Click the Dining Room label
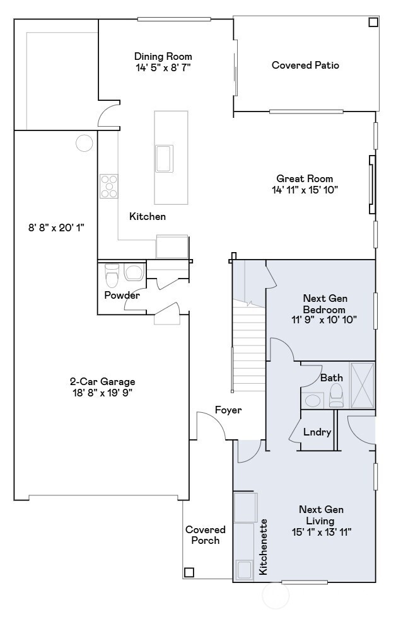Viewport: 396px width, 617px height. tap(163, 56)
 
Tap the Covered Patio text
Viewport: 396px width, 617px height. tap(305, 65)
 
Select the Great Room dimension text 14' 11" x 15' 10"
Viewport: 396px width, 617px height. tap(305, 190)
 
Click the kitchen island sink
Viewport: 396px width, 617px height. tap(165, 158)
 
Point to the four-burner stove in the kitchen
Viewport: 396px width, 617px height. tap(108, 186)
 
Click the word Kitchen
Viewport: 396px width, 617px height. tap(148, 216)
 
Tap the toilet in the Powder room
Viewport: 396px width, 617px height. tap(112, 275)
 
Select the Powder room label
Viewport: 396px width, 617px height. tap(122, 295)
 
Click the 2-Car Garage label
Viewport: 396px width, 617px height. tap(102, 381)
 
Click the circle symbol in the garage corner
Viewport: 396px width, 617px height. tap(84, 143)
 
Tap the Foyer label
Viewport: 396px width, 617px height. tap(228, 410)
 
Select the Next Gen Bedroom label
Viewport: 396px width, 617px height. tap(325, 304)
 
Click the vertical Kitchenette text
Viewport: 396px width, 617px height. tap(264, 546)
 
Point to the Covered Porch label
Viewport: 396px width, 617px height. tap(205, 535)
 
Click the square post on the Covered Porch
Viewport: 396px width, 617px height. tap(189, 572)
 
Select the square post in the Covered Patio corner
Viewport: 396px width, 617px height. tap(373, 23)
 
